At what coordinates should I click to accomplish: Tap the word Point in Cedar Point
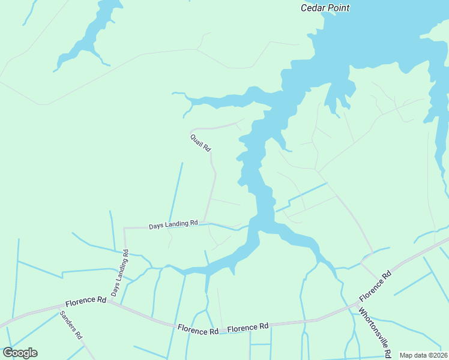tap(337, 8)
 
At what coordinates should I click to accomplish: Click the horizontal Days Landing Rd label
tap(173, 225)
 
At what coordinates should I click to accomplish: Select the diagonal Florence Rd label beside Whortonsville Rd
tap(375, 286)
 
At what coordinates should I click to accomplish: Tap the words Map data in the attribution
tap(412, 355)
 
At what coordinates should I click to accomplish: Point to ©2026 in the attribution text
tap(436, 355)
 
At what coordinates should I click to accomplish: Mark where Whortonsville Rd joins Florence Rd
tap(355, 307)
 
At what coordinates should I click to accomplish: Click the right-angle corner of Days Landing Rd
tap(124, 228)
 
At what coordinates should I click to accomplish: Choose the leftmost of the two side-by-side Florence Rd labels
tap(197, 331)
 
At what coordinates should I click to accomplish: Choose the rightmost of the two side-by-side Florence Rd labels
tap(247, 327)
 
